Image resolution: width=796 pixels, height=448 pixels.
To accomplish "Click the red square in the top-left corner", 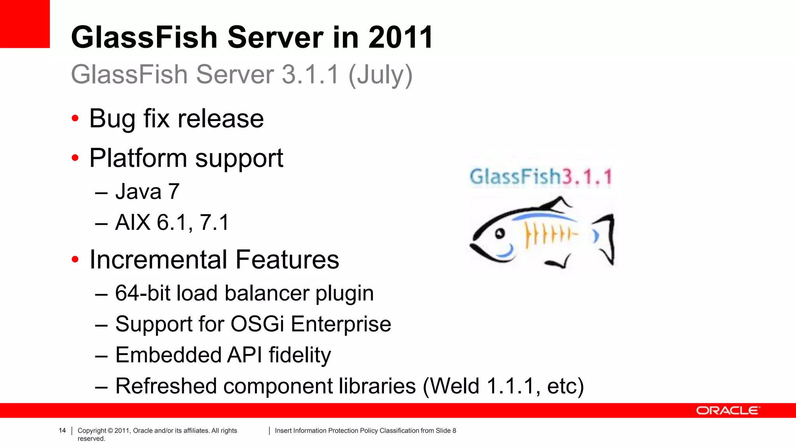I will tap(24, 24).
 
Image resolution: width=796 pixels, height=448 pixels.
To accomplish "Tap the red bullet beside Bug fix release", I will tap(75, 118).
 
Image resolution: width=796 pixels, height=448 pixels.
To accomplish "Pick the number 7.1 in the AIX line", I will tap(214, 222).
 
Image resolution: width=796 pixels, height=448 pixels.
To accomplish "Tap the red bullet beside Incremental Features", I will tap(75, 259).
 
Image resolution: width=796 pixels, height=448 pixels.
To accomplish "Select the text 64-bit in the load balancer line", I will tap(142, 293).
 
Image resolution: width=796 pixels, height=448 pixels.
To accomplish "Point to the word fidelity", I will tap(300, 355).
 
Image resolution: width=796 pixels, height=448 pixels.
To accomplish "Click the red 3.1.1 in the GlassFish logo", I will tap(587, 177).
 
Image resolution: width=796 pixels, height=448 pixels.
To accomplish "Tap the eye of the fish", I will tap(500, 233).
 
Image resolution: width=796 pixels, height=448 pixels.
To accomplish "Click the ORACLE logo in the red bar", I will tap(727, 411).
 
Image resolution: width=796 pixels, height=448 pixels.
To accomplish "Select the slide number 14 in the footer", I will tap(62, 430).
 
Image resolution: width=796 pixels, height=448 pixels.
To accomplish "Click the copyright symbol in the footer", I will tap(110, 430).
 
